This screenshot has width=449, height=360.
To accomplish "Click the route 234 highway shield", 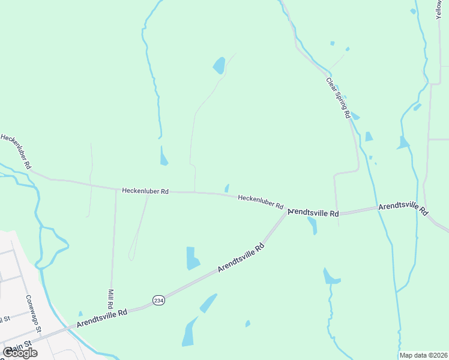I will coord(158,300).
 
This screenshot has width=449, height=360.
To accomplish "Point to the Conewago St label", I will coord(33,313).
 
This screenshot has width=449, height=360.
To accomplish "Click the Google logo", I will coord(19,353).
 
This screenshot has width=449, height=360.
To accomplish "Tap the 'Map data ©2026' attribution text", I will coord(424,355).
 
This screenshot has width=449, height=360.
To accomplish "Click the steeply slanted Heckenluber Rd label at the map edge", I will coord(16,151).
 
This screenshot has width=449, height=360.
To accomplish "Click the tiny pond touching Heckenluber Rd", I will coord(226,188).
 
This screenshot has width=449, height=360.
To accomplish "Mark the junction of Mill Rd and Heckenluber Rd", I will coord(116,190).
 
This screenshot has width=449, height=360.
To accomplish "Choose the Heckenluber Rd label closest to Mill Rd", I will coord(145,191).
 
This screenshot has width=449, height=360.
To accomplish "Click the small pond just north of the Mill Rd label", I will coord(80,313).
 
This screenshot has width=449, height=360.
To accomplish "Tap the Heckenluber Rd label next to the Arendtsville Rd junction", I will coord(261,201).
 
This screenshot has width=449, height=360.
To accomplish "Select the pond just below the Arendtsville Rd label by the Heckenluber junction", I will coord(312,226).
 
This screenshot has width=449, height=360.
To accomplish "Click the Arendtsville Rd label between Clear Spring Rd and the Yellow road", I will coord(402,208).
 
